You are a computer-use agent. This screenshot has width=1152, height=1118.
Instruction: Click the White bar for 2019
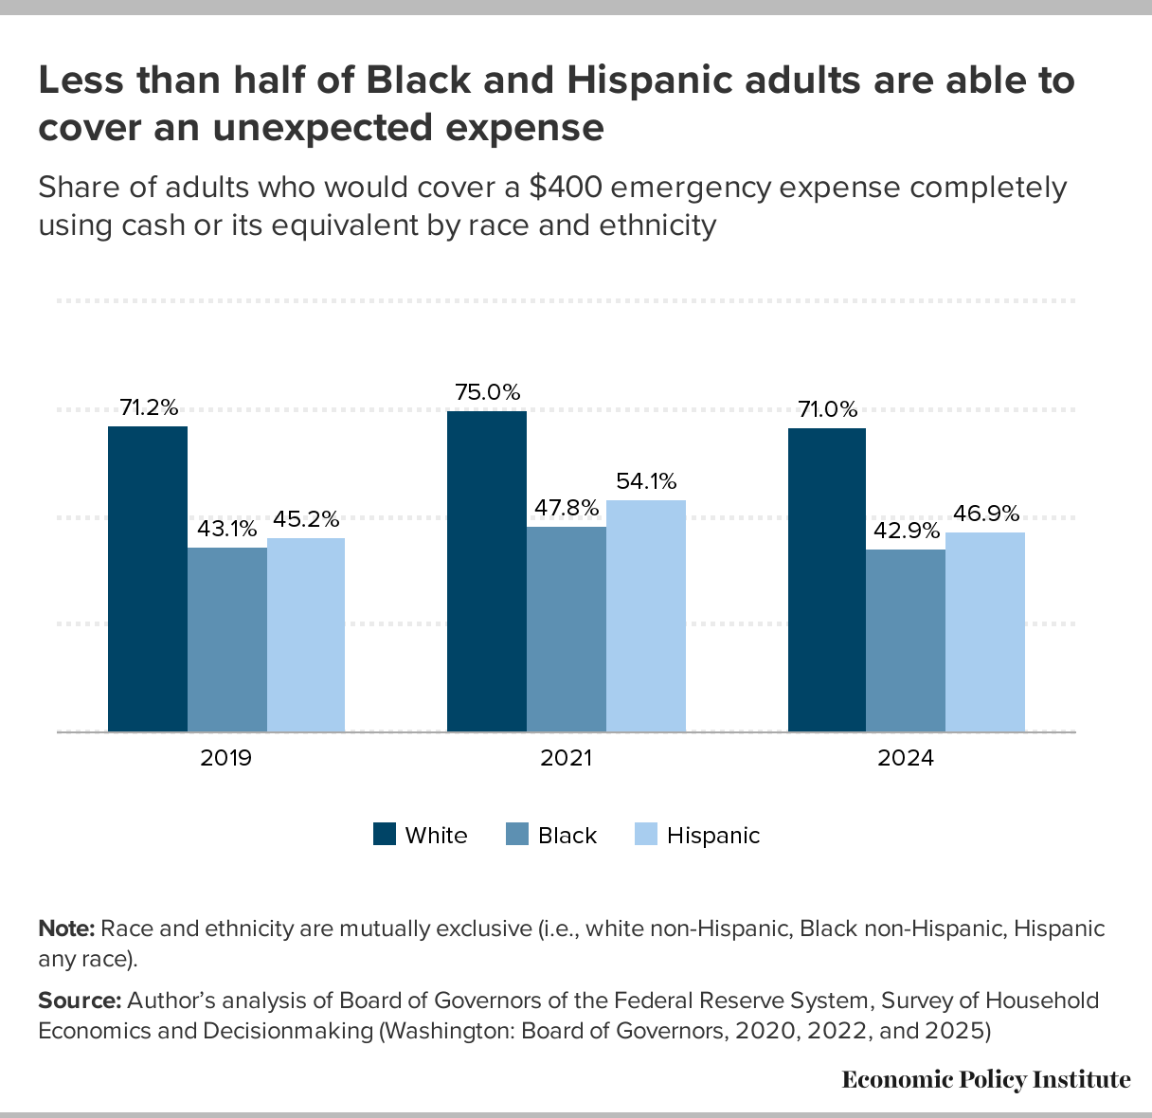[148, 579]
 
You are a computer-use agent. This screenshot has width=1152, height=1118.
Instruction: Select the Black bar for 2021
[567, 629]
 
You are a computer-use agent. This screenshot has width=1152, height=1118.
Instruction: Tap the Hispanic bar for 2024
[985, 632]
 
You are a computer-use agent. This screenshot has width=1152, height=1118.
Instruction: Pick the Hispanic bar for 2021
[646, 616]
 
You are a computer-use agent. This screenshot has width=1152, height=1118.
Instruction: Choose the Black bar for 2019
[227, 640]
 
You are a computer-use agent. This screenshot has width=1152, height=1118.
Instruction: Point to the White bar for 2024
[827, 580]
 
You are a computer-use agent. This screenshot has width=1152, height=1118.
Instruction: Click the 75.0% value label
[487, 392]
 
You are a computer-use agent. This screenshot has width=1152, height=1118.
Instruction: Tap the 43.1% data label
[227, 529]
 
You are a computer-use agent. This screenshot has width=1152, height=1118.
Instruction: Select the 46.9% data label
[987, 514]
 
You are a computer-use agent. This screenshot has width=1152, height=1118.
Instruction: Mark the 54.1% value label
[646, 481]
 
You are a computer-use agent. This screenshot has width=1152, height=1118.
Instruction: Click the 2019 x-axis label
[226, 759]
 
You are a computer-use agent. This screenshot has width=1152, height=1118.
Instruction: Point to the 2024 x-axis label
[907, 759]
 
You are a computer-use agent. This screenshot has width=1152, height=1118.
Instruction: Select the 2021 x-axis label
[567, 759]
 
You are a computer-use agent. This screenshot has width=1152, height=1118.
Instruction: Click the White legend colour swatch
[384, 835]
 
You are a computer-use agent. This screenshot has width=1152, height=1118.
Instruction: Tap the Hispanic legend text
[713, 836]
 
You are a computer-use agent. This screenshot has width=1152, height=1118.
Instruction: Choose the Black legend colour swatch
[516, 835]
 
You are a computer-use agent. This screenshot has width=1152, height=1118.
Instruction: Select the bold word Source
[80, 1001]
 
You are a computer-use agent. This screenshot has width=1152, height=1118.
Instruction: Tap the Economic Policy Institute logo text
[986, 1079]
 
